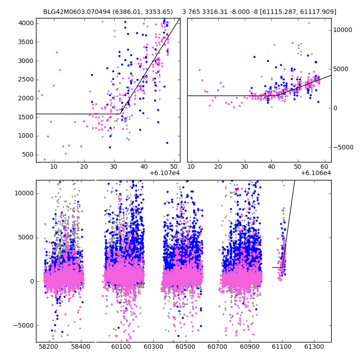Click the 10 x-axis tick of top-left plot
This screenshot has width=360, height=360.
pos(54,167)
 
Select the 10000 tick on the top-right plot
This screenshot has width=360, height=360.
pos(342,30)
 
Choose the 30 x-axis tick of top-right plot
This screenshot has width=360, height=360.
pos(244,167)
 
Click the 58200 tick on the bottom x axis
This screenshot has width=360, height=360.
pos(48,347)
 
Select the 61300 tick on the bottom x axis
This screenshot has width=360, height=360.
pos(314,347)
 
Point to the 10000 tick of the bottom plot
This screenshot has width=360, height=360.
pos(24,193)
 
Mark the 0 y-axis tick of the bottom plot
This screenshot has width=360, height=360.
pos(31,281)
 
